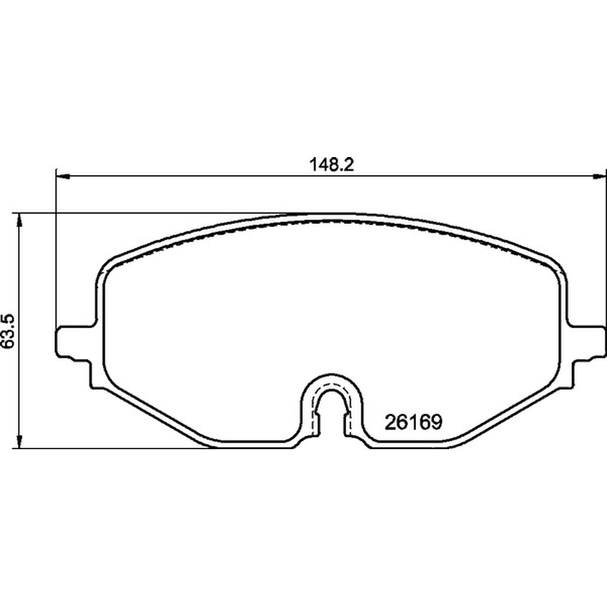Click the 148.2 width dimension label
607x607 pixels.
[x=332, y=165]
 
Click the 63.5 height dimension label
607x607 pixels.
[x=8, y=331]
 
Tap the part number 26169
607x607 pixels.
[x=413, y=422]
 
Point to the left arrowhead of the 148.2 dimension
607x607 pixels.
[x=63, y=177]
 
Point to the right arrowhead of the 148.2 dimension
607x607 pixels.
[x=599, y=177]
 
